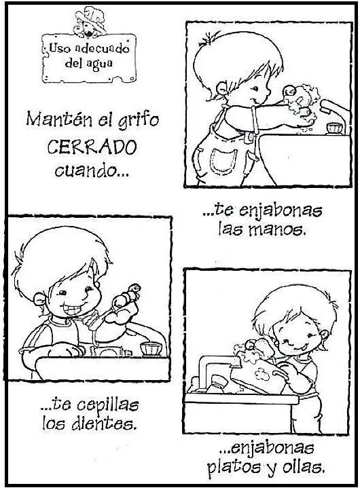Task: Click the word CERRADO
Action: tap(92, 147)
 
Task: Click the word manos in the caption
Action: tap(276, 230)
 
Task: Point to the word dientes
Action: tap(104, 423)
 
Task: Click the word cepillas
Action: tap(107, 406)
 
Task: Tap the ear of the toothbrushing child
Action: tap(39, 299)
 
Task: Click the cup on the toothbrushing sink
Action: tap(151, 348)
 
